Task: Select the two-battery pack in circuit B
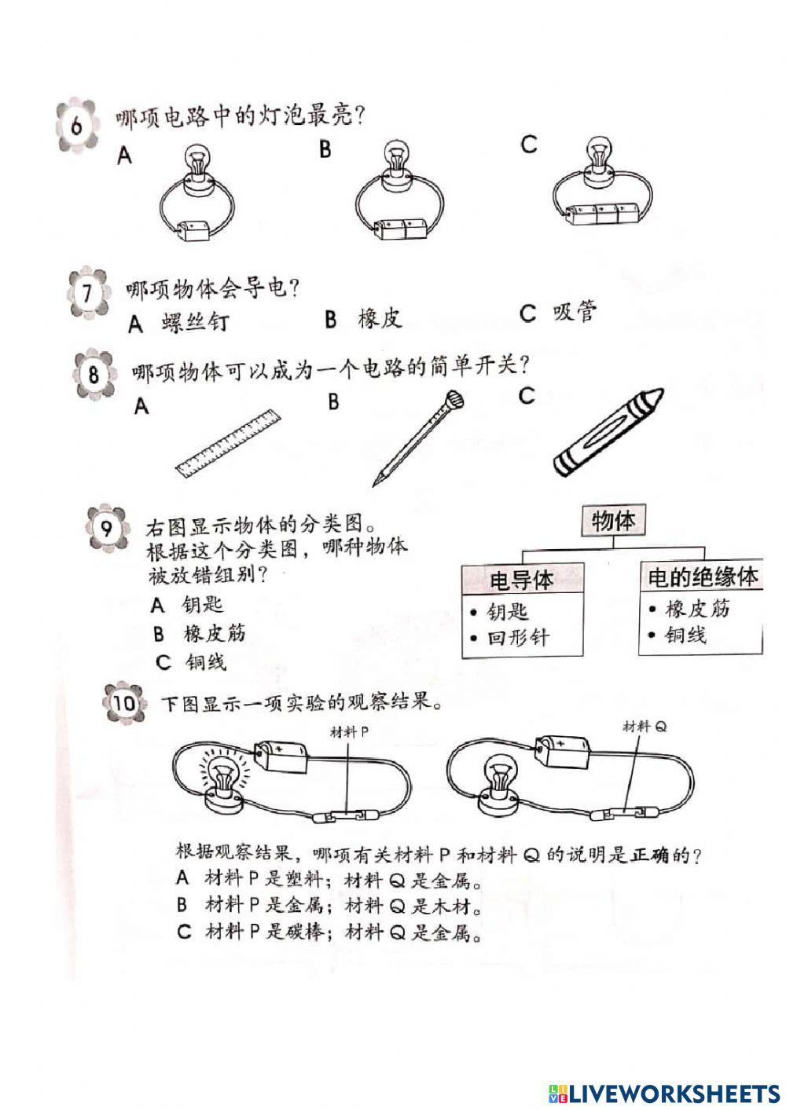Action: [x=401, y=229]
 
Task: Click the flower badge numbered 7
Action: [x=86, y=295]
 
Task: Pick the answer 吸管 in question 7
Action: [x=575, y=313]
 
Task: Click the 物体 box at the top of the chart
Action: [x=613, y=521]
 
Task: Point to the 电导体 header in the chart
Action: [x=521, y=580]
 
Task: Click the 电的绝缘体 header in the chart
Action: [x=702, y=577]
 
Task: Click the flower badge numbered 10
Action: [x=124, y=703]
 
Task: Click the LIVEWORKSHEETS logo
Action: [x=660, y=1092]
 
